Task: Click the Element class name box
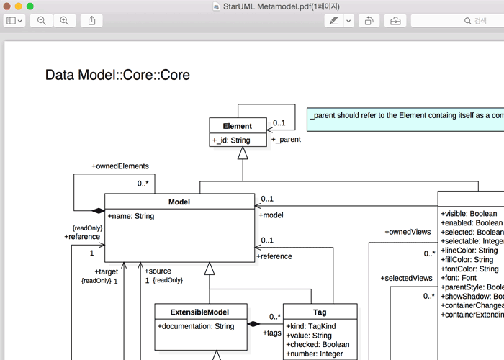point(238,126)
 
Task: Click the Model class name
point(179,202)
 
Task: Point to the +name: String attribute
point(131,216)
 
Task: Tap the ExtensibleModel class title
point(200,312)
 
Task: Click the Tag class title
point(320,312)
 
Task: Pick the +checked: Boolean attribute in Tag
point(318,344)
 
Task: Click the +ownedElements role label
point(120,166)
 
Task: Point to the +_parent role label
point(286,139)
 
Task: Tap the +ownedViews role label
point(408,232)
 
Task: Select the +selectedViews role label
point(406,278)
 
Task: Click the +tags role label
point(273,333)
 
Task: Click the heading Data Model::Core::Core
point(117,75)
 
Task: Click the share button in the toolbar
point(91,21)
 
